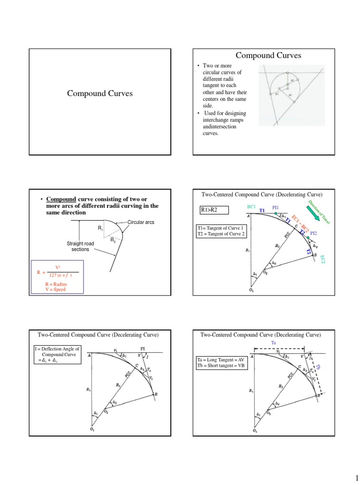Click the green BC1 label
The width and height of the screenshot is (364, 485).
[251, 207]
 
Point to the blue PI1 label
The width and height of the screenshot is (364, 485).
[275, 207]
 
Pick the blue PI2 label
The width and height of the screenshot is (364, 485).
[313, 233]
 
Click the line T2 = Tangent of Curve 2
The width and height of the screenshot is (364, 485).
[221, 234]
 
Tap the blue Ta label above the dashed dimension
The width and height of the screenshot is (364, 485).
[273, 342]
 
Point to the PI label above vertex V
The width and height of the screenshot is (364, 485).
[141, 348]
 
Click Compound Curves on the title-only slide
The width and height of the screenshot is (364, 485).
[100, 94]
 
